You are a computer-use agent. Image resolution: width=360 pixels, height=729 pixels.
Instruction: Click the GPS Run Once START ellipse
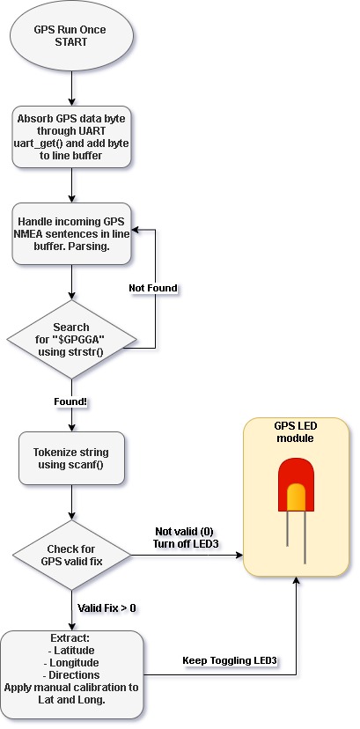71,36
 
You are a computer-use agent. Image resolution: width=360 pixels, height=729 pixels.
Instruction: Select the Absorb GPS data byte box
71,136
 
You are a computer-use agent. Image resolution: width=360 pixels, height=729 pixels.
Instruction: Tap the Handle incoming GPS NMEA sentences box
71,234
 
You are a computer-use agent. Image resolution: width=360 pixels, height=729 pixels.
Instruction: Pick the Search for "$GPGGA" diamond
71,339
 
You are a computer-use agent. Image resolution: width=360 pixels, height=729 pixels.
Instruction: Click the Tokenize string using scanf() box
71,459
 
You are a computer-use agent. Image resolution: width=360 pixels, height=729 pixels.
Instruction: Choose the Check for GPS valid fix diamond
71,556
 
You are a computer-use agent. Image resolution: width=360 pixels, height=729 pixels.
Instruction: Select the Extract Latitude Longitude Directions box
71,674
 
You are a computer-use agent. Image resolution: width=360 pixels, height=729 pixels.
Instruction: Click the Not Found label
153,288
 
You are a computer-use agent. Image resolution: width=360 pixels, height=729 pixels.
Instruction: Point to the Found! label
70,401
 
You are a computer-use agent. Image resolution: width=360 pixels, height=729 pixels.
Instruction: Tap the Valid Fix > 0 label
107,607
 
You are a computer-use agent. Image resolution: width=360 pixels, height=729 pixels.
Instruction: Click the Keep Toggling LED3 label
230,660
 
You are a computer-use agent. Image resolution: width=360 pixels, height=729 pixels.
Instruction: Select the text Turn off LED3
186,542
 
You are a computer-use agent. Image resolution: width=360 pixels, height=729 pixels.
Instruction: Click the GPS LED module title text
296,432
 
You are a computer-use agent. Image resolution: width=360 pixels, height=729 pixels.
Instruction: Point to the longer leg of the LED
305,537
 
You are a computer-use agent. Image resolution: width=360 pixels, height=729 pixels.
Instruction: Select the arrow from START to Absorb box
71,88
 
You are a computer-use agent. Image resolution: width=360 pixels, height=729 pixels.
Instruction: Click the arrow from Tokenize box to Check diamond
71,503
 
